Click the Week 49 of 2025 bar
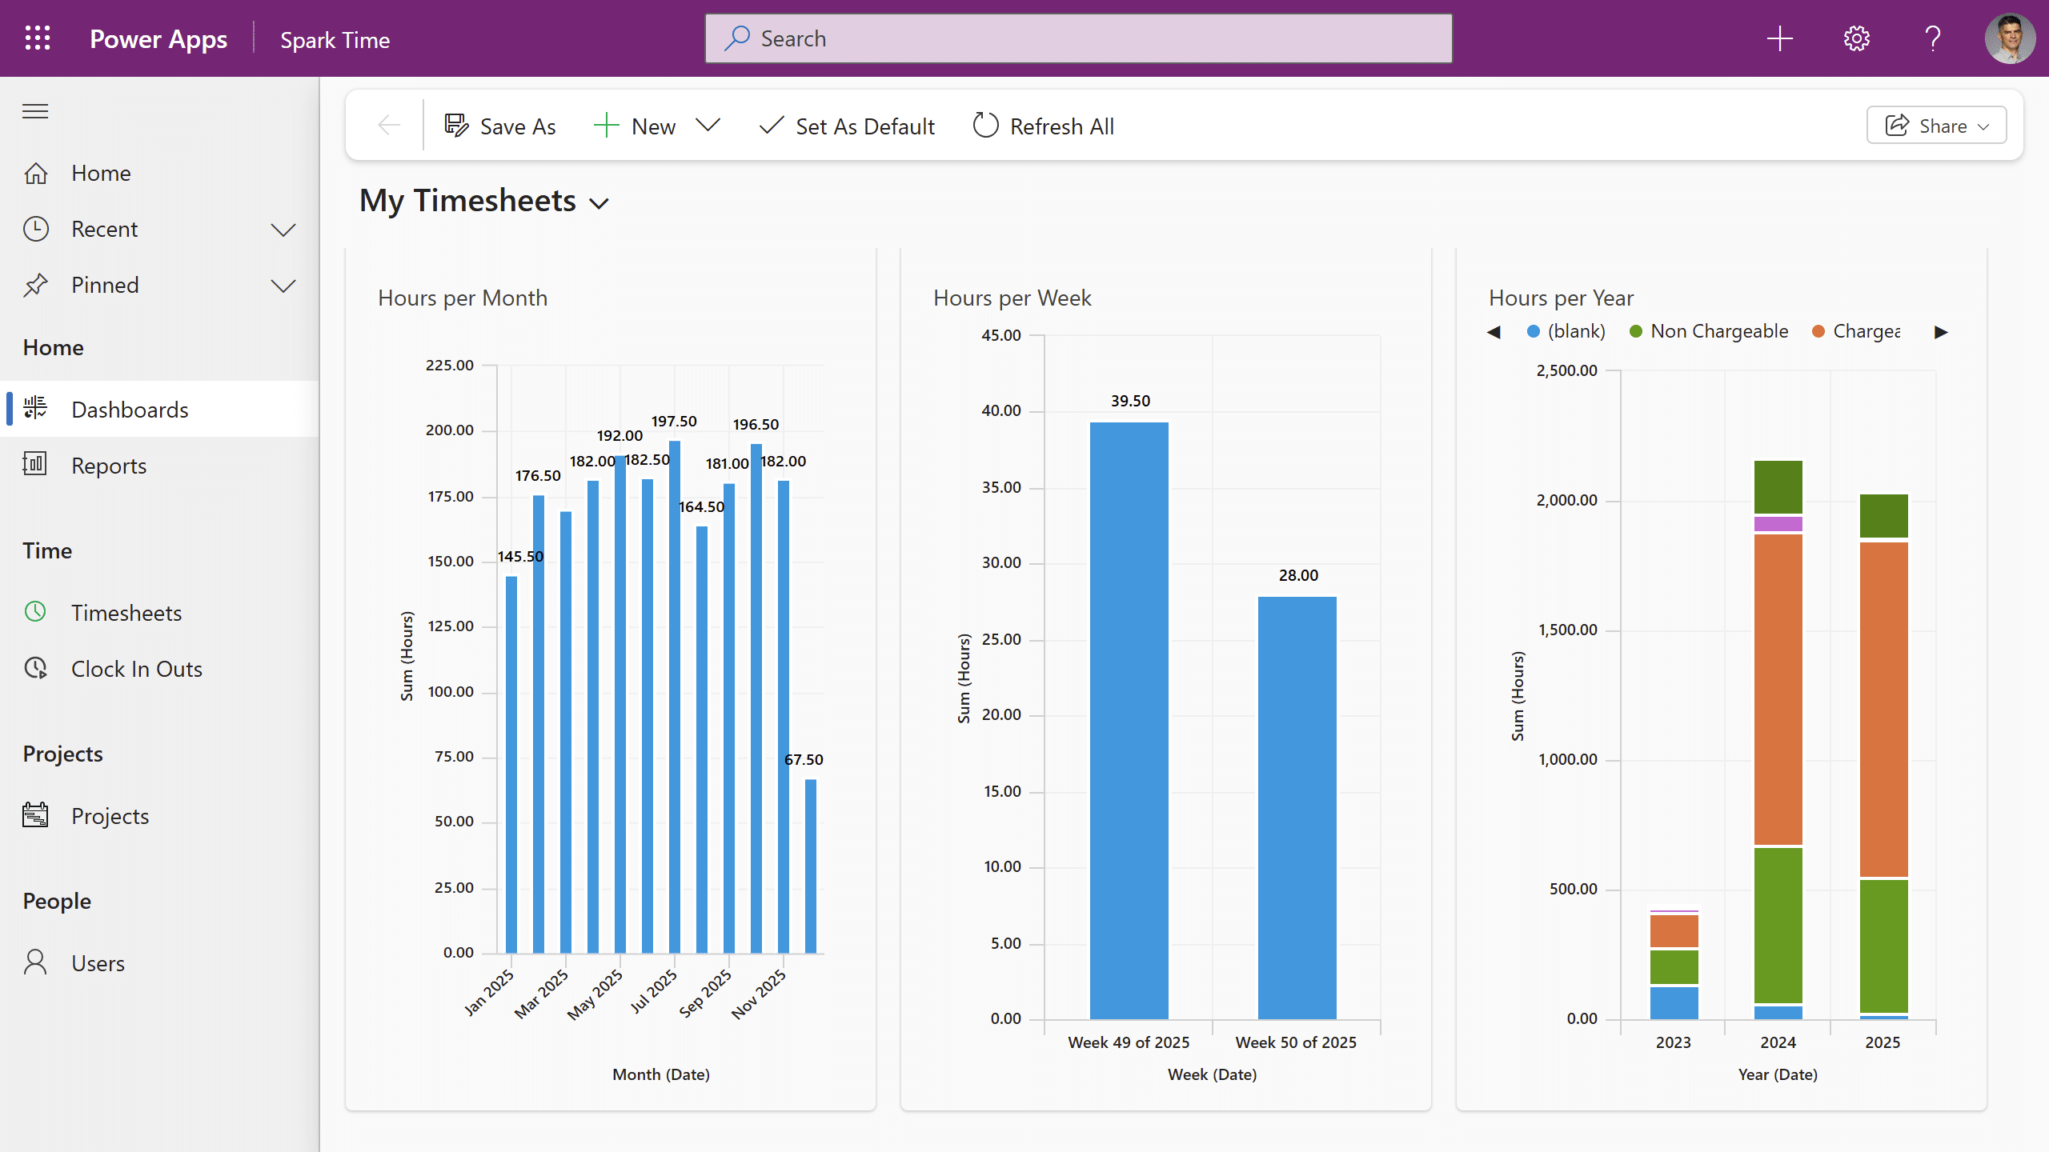coord(1129,720)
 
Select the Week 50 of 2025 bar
coord(1297,807)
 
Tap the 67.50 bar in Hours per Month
coord(811,866)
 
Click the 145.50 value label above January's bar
coord(520,556)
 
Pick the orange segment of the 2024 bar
coord(1778,689)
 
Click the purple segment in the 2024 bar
coord(1778,524)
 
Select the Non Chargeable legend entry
coord(1709,331)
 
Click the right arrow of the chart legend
coord(1941,332)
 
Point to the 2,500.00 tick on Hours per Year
coord(1566,370)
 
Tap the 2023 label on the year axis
coord(1673,1042)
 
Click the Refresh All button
coord(1043,126)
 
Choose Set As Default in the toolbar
coord(847,126)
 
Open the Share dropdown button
coord(1936,126)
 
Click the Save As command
coord(500,126)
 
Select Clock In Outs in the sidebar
coord(113,669)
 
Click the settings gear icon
coord(1856,38)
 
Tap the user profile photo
coord(2010,38)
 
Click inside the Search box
coord(1078,38)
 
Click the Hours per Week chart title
coord(1012,298)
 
